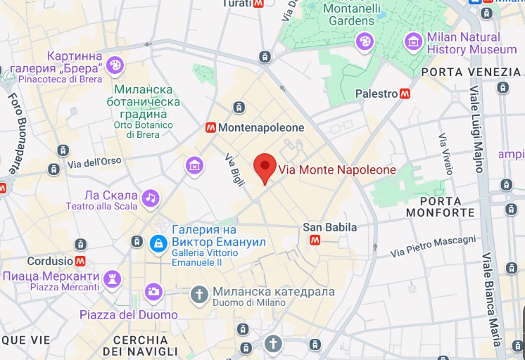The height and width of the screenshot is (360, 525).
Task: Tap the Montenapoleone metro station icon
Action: pos(210,128)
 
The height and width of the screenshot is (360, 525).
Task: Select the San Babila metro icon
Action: pos(315,240)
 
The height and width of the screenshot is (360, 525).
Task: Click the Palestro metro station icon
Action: pos(405,94)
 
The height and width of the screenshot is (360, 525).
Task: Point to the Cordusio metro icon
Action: pos(80,261)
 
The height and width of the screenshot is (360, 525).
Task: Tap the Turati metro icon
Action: pos(258,4)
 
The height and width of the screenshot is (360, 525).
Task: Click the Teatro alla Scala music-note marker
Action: pos(150,198)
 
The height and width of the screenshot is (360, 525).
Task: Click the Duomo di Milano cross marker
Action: pos(200,293)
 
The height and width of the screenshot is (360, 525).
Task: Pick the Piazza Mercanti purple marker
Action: pos(111,279)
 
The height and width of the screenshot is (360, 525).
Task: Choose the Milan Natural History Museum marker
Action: pos(413,42)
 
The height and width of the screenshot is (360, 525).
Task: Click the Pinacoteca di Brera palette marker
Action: pos(114,66)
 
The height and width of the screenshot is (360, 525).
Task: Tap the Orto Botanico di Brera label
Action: pos(143,130)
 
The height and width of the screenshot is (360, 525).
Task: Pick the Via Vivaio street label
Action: pos(445,153)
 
